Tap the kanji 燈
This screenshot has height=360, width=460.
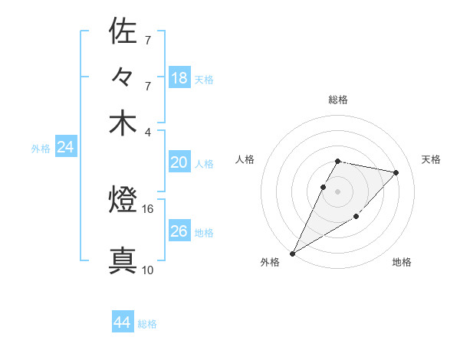(123, 201)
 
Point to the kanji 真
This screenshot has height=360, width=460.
(123, 260)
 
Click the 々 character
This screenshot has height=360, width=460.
(123, 77)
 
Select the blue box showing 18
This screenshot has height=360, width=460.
(179, 77)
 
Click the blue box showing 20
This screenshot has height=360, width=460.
(179, 162)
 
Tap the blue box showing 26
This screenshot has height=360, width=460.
(179, 231)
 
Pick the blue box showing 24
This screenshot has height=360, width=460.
(65, 147)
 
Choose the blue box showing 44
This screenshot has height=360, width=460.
(123, 322)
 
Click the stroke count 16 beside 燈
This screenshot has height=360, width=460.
(148, 208)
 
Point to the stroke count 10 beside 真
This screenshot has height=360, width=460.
(147, 270)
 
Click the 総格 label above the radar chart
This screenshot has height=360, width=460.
(338, 100)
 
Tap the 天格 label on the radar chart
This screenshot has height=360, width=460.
(431, 159)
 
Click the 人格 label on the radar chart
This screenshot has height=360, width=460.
(245, 159)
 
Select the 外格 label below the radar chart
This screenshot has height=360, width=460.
(270, 262)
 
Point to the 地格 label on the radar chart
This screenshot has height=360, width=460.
(402, 262)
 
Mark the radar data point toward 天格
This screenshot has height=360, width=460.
(396, 172)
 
